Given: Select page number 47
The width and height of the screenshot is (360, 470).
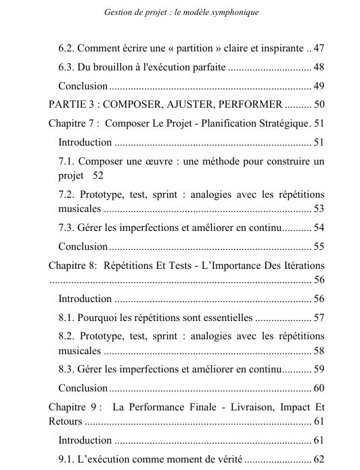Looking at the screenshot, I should pos(318,49).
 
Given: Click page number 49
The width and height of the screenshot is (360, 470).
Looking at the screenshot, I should pos(319,86).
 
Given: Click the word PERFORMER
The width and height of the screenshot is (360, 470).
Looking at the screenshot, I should pos(251,104).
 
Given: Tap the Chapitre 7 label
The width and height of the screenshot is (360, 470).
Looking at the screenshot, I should pos(73,123).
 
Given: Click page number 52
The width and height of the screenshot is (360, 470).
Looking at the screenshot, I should pos(98,175).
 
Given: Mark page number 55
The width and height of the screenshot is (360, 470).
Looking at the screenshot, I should pos(319,246).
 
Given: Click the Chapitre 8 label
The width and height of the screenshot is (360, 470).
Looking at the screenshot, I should pos(74,265).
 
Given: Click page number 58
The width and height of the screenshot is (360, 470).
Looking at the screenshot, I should pos(319,350).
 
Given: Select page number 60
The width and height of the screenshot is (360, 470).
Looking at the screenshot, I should pos(319,388).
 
